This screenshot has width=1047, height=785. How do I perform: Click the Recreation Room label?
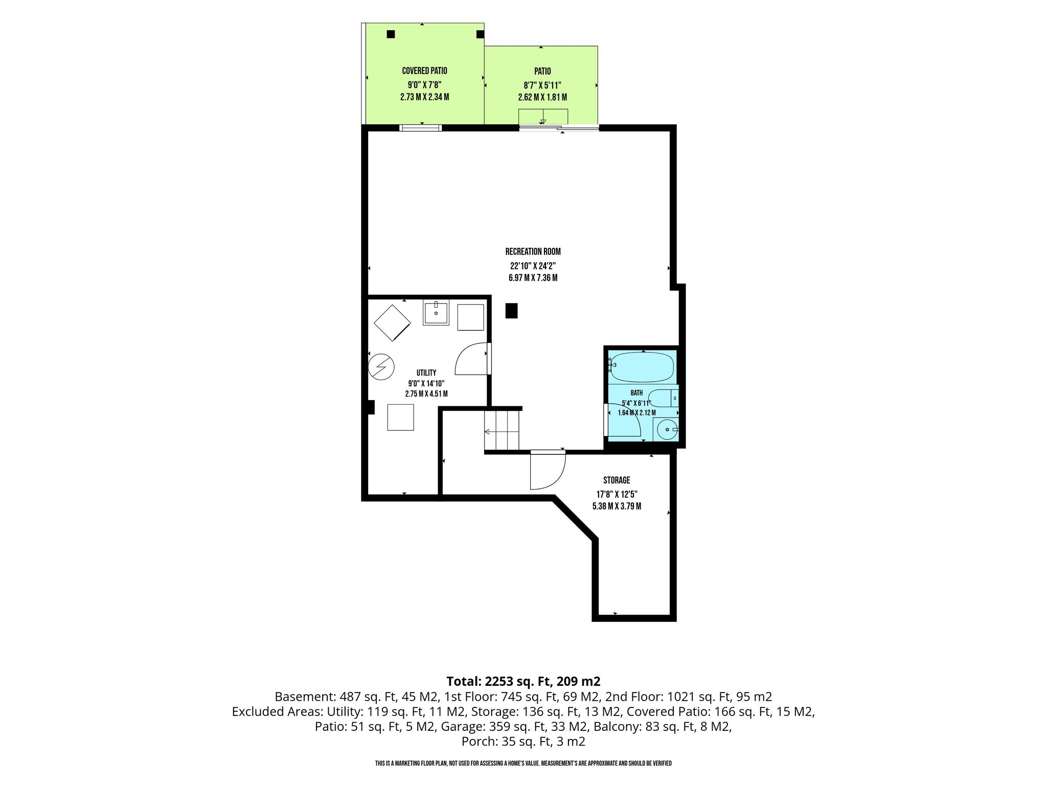[x=533, y=251]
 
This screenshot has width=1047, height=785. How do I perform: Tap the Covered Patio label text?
[x=424, y=71]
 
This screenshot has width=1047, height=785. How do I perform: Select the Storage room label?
[x=617, y=480]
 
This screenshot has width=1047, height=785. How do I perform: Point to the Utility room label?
[x=426, y=373]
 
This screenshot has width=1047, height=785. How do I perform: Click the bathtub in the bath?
[x=642, y=366]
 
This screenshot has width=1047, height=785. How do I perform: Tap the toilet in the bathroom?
[x=663, y=398]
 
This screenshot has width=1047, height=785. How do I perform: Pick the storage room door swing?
[x=548, y=471]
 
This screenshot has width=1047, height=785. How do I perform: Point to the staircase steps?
[x=502, y=431]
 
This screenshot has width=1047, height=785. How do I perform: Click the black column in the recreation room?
[x=511, y=311]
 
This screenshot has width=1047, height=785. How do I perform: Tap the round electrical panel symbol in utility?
[x=381, y=366]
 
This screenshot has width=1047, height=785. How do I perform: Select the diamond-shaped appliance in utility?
[x=392, y=322]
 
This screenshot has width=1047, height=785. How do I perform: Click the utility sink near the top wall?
[x=436, y=313]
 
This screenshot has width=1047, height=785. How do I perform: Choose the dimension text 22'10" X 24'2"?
[x=533, y=266]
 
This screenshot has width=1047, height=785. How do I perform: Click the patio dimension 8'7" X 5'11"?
[x=542, y=85]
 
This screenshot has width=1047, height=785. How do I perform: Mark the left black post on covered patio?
[x=391, y=34]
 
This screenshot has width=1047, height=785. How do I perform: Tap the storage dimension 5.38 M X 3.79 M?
[x=617, y=506]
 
